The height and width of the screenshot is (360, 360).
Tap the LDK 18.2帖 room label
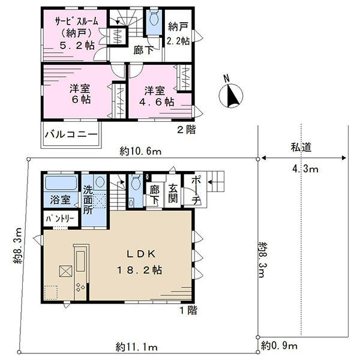[x=140, y=262]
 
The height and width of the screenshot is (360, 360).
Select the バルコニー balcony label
[x=71, y=134]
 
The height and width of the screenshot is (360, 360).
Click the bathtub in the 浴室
[x=61, y=183]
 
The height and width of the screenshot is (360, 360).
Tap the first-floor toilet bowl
[x=136, y=182]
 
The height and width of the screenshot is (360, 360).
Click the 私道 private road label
[x=301, y=147]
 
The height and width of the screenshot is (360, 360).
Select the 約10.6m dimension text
[x=140, y=152]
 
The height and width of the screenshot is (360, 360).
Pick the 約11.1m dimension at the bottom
[x=137, y=347]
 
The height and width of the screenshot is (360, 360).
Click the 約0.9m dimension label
[x=279, y=346]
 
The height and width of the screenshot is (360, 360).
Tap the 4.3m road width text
[x=305, y=169]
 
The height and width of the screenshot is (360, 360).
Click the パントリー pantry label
[x=60, y=219]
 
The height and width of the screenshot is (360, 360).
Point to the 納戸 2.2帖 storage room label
[x=178, y=34]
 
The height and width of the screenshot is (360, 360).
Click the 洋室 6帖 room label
[x=80, y=94]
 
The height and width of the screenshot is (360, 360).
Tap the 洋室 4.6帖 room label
[x=157, y=96]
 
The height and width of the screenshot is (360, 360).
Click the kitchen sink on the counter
[x=80, y=261]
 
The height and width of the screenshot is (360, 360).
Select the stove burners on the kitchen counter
[x=80, y=287]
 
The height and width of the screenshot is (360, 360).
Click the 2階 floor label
[x=186, y=130]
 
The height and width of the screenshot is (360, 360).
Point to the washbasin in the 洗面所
[x=100, y=182]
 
